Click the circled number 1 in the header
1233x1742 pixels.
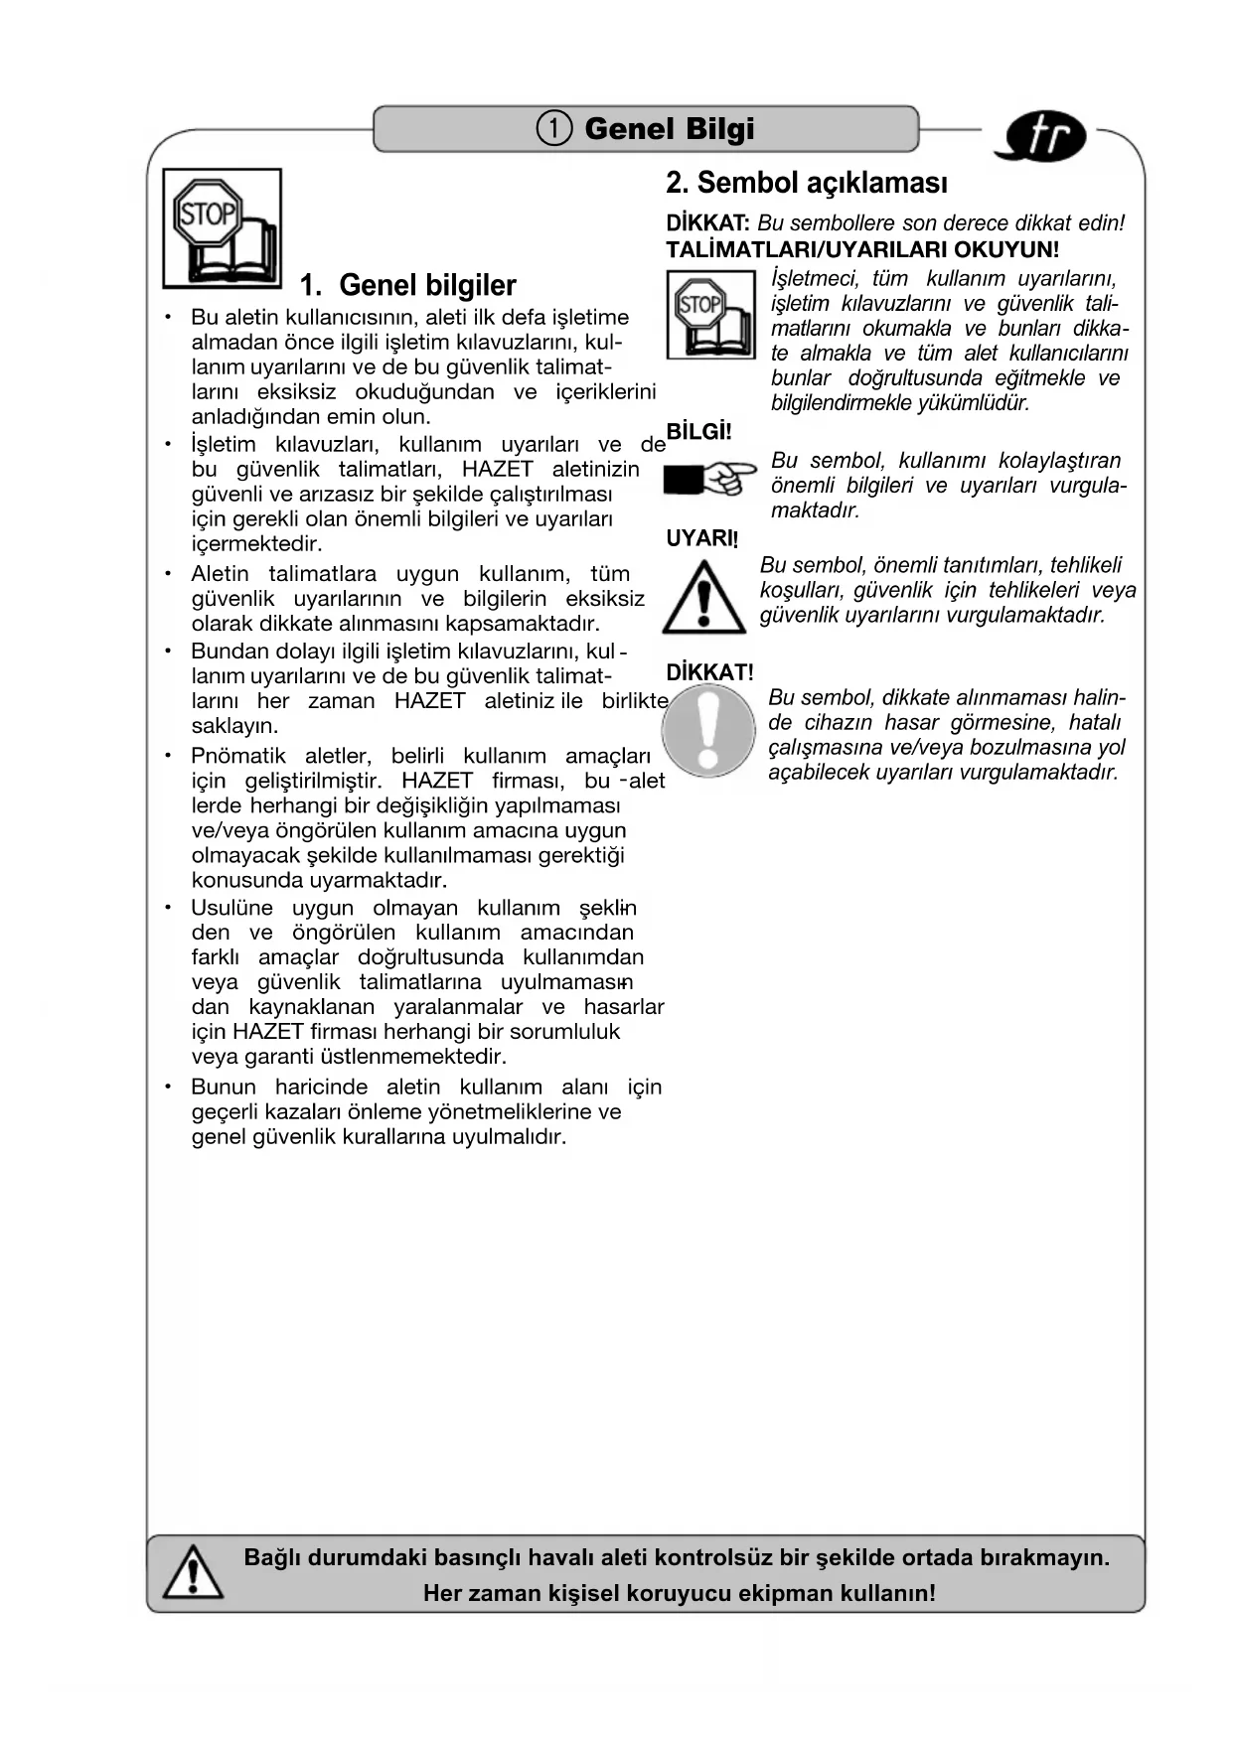point(554,129)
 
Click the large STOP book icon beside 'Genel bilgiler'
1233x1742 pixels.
point(222,227)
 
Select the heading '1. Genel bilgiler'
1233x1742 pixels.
point(407,286)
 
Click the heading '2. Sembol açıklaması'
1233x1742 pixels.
point(806,183)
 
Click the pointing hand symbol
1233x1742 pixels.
point(710,479)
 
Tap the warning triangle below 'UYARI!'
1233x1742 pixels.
point(703,598)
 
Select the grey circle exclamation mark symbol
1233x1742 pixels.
point(708,732)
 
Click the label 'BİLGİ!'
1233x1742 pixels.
point(698,432)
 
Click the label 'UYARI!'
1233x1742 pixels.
point(701,538)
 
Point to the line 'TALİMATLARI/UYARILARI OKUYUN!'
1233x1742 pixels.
point(862,250)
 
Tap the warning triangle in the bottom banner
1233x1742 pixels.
point(192,1573)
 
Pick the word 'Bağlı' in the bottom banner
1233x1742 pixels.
point(271,1557)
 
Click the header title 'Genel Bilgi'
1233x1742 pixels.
point(669,129)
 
